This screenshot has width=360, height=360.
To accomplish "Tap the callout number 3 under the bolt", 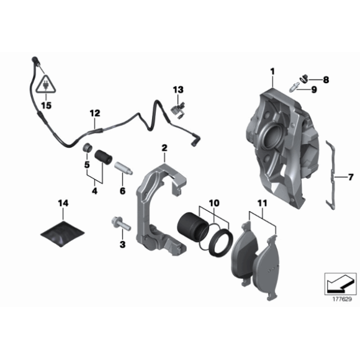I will [x=122, y=245].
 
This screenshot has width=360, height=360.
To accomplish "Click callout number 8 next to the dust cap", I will [x=326, y=79].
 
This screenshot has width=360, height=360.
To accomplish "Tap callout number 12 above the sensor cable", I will [x=94, y=114].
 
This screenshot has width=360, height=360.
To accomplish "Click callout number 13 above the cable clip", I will [x=179, y=90].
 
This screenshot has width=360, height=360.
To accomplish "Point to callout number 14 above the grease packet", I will [x=63, y=204].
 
